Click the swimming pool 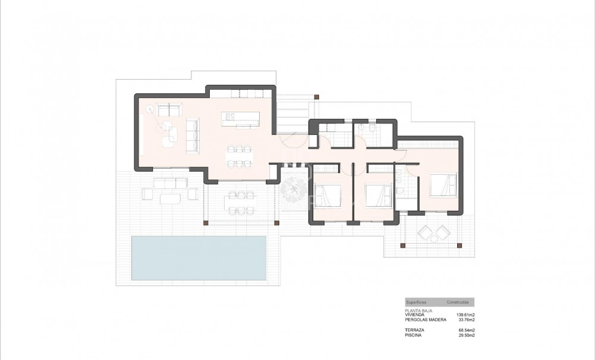(x=199, y=258)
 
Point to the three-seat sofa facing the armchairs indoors (x=193, y=135)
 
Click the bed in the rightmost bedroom (x=443, y=184)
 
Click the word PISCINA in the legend (x=413, y=335)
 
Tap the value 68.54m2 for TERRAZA (x=465, y=330)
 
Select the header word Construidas (x=458, y=302)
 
